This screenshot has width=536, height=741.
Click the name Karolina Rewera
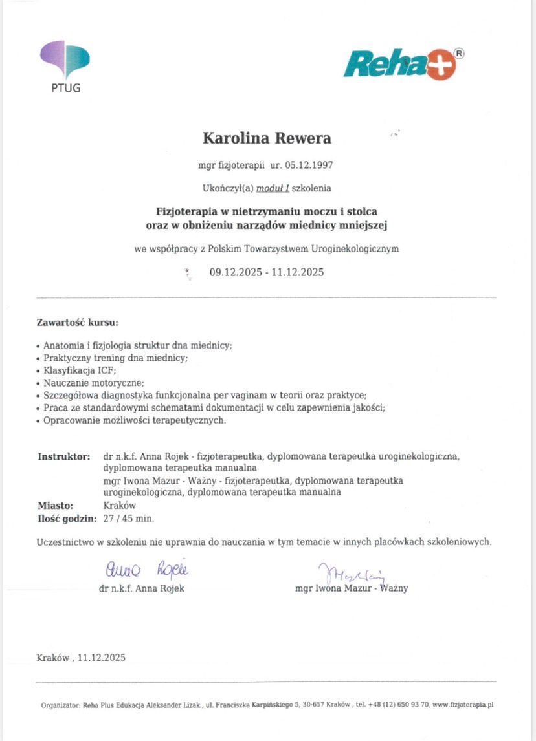[x=267, y=138]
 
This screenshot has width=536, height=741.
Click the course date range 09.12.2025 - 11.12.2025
[x=266, y=272]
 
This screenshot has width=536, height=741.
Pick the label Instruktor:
[x=63, y=456]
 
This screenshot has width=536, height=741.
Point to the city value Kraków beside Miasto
[x=119, y=506]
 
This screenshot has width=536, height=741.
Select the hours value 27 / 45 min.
[x=129, y=518]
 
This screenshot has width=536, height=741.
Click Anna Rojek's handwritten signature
[x=146, y=570]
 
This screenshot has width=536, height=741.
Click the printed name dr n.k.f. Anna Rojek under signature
[x=142, y=588]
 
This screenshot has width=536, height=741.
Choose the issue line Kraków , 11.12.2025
[x=81, y=658]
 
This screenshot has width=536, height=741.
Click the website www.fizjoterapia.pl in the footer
[x=463, y=705]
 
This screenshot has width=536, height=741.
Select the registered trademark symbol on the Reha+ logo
[x=459, y=54]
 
